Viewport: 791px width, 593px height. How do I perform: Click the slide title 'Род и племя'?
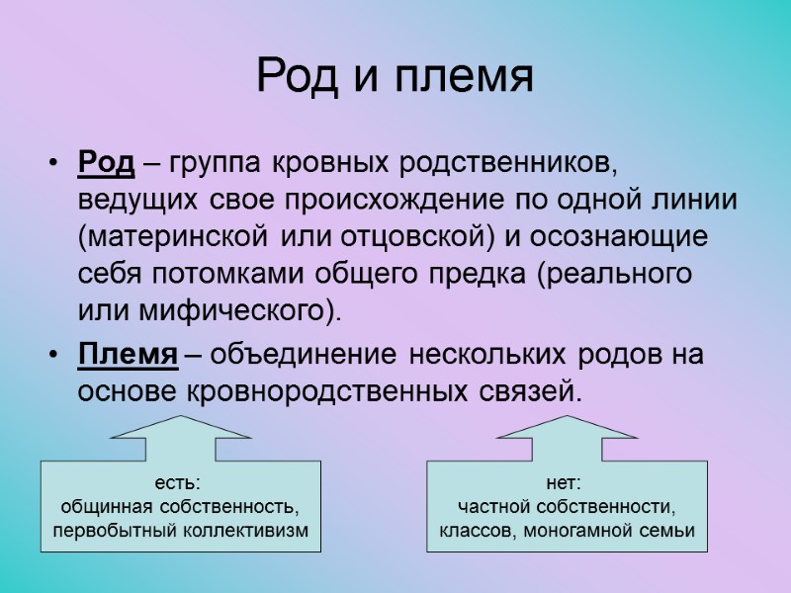(x=395, y=77)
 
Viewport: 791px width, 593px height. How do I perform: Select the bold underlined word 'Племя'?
(x=128, y=354)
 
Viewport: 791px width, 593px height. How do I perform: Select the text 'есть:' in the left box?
(x=179, y=483)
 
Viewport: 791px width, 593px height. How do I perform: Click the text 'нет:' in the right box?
(x=566, y=483)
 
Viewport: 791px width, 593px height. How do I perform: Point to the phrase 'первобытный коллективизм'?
(x=179, y=532)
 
